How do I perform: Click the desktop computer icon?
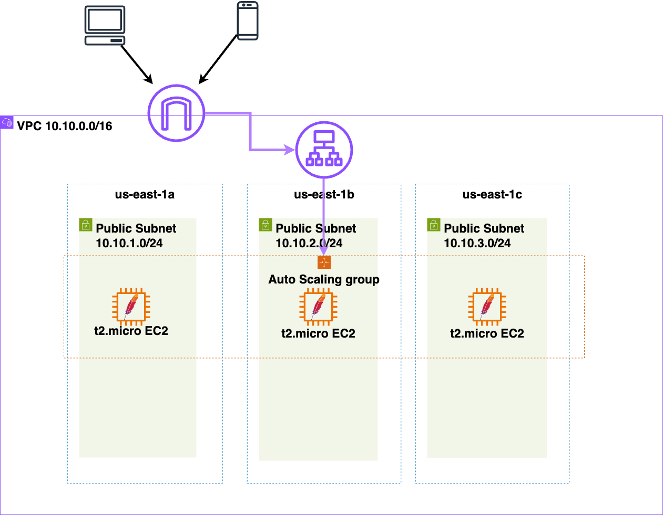point(105,25)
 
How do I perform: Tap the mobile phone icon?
point(248,21)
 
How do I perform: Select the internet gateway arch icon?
point(176,113)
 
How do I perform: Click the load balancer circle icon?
point(324,150)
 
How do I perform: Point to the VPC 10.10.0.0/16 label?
point(65,126)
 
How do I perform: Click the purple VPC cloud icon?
point(7,122)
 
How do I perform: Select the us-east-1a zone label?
point(145,194)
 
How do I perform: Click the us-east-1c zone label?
point(492,194)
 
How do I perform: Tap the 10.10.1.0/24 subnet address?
point(129,243)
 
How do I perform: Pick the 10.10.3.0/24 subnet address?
point(477,243)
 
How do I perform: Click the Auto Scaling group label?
point(324,279)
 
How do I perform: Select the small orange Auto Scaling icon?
point(324,262)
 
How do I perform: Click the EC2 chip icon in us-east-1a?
point(131,306)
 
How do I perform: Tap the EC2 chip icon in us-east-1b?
point(318,307)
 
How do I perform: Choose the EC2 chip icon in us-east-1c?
point(487,307)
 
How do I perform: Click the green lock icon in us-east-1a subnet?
point(86,225)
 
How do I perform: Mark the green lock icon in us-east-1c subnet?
point(434,225)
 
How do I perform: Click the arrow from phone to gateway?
point(218,59)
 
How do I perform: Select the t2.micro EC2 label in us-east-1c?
point(487,333)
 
